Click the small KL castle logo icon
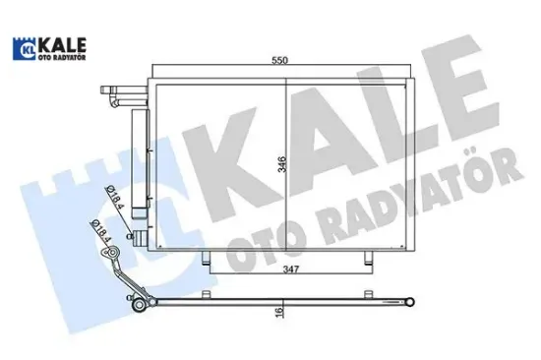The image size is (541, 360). (25, 46)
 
